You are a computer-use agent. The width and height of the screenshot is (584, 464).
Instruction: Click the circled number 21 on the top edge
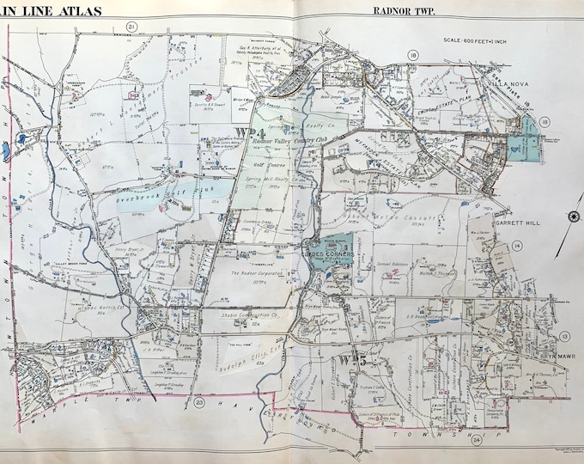coord(131,27)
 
